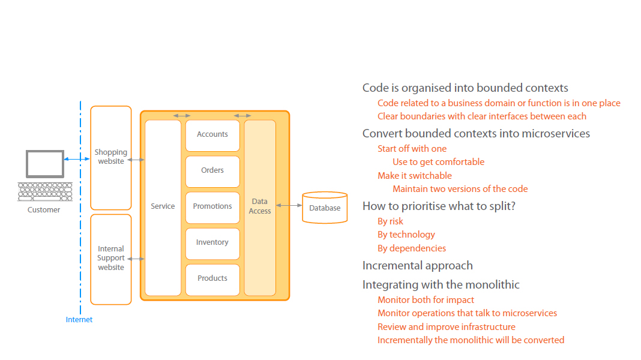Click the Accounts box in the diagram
point(212,134)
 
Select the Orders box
point(212,170)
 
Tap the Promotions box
point(212,206)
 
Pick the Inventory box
point(212,242)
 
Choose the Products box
point(212,278)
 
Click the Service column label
point(163,206)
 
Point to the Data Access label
point(260,206)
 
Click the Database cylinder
point(325,208)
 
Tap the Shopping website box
point(110,157)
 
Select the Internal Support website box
point(110,258)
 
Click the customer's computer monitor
point(44,164)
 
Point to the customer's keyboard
point(44,191)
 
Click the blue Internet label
point(79,320)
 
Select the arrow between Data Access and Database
point(289,206)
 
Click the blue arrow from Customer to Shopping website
point(77,159)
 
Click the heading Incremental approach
point(417,266)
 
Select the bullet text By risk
point(390,221)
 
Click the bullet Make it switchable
point(414,176)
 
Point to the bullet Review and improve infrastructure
point(446,327)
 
